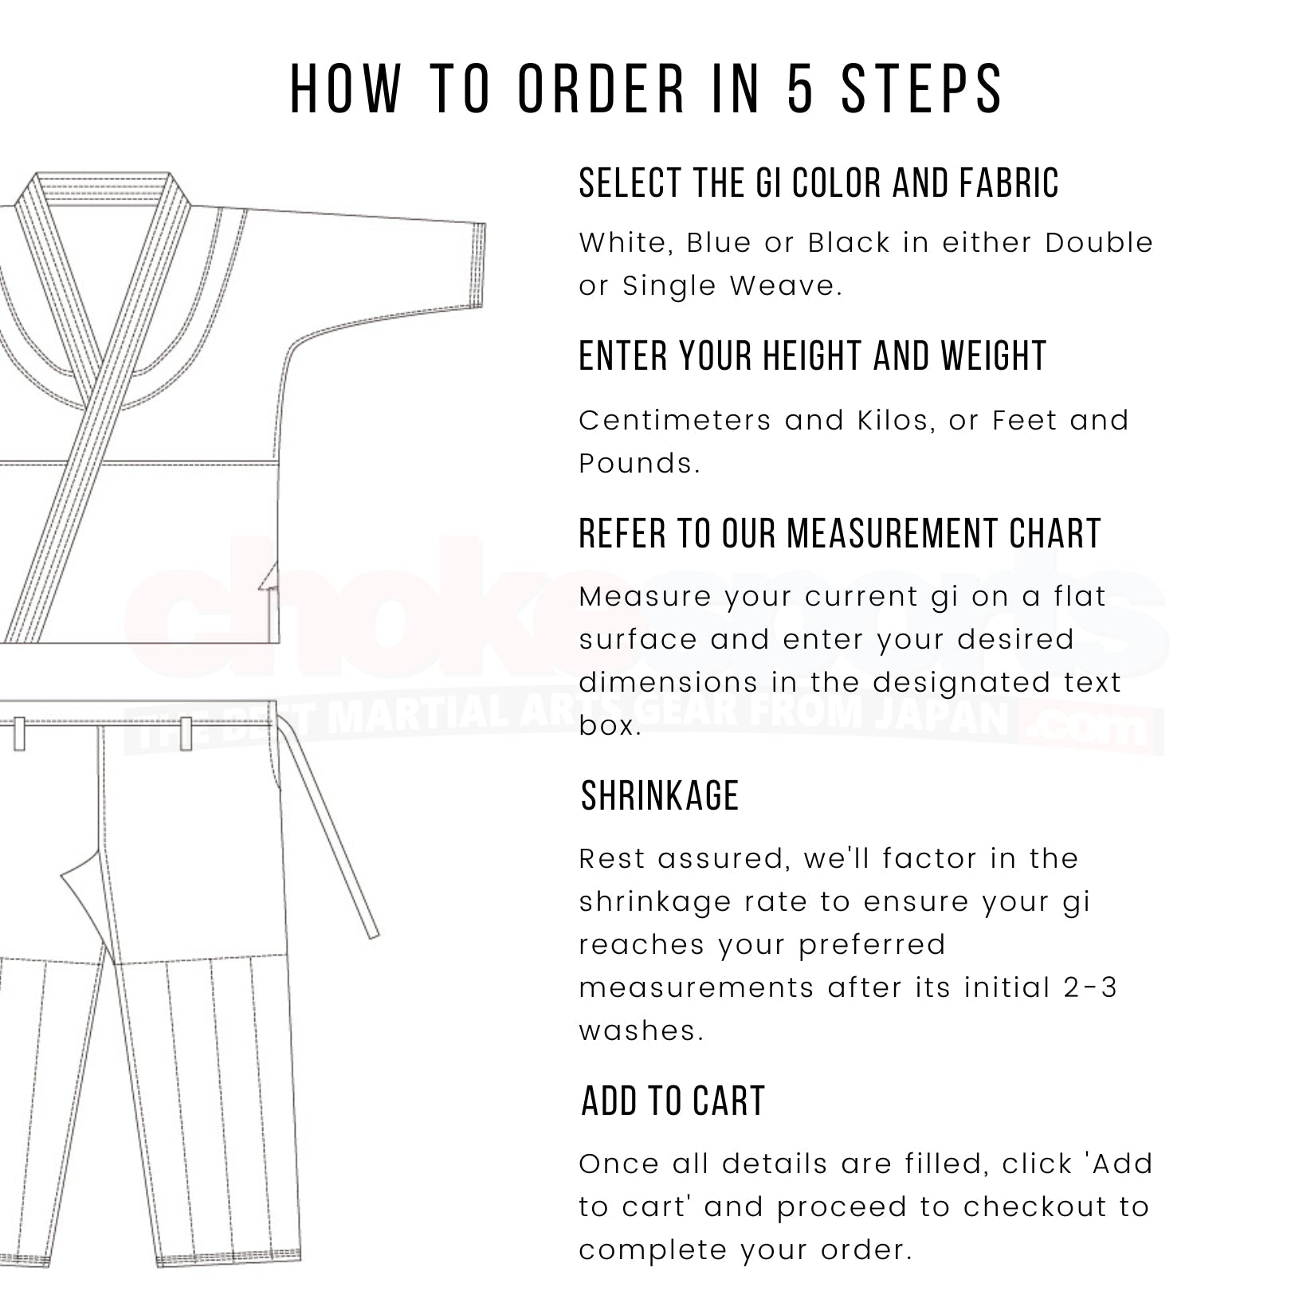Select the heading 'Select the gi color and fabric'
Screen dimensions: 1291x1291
[x=818, y=183]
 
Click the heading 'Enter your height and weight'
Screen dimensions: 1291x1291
[x=812, y=356]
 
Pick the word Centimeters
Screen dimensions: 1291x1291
[x=674, y=421]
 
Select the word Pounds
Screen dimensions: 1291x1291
[x=638, y=464]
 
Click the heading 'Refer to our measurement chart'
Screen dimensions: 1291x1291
[x=839, y=534]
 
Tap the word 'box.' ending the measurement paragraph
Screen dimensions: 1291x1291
[x=610, y=726]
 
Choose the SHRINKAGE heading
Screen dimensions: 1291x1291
[x=660, y=796]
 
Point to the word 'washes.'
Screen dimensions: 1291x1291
[x=642, y=1031]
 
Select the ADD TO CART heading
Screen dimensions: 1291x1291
[x=673, y=1101]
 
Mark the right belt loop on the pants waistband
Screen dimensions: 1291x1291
[x=186, y=733]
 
